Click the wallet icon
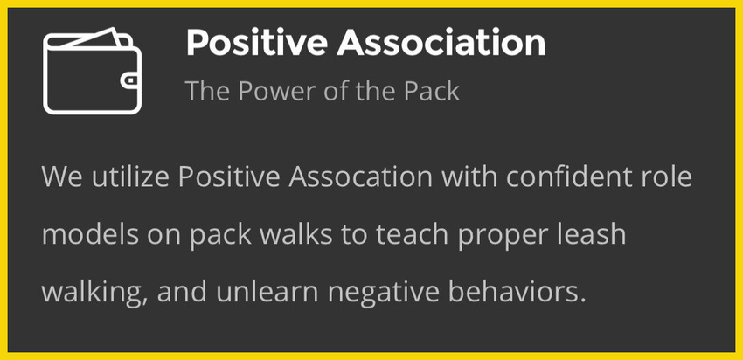92,71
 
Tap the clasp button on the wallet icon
129,80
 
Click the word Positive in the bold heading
257,43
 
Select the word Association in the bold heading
441,43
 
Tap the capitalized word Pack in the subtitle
431,91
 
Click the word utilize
131,177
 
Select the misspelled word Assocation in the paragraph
361,177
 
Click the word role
668,177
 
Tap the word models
90,235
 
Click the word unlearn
267,293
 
